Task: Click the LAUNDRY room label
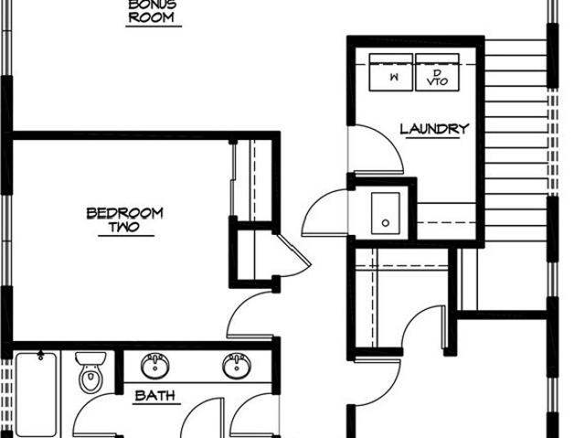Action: tap(434, 129)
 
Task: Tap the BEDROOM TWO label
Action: tap(125, 219)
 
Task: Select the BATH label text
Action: tap(155, 395)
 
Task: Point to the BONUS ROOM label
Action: tap(152, 11)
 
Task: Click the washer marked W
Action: tap(391, 72)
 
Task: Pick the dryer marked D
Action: tap(437, 72)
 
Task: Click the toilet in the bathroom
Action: tap(90, 372)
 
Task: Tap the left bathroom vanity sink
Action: tap(154, 365)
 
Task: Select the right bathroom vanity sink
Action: tap(237, 365)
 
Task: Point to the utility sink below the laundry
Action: tap(386, 213)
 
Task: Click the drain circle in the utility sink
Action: tap(386, 223)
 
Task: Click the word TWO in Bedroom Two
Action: tap(124, 227)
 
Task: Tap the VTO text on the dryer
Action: tap(437, 81)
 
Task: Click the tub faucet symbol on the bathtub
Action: tap(40, 355)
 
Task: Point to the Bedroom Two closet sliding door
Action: tap(232, 179)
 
